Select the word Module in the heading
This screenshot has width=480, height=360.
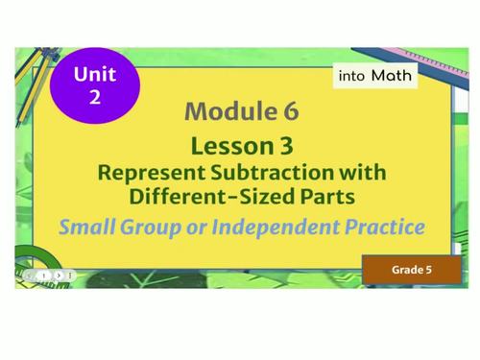(225, 111)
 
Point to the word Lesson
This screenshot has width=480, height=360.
(228, 146)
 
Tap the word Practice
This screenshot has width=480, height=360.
(382, 228)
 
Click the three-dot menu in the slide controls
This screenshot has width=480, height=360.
(72, 275)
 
